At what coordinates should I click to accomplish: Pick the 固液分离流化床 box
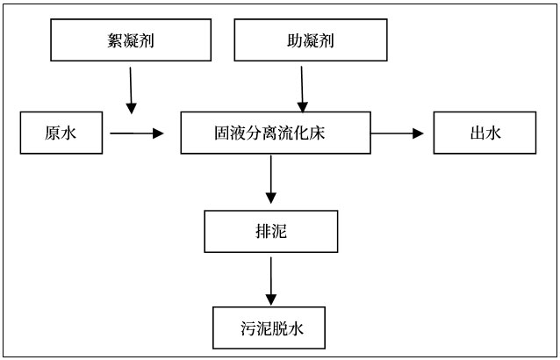pos(275,133)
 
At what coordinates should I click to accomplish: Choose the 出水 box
pos(484,133)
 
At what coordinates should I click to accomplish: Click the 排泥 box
pos(270,232)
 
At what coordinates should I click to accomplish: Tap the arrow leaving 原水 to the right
pos(137,133)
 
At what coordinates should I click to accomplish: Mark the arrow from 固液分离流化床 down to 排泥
pos(271,180)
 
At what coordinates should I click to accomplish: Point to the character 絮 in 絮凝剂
pos(111,41)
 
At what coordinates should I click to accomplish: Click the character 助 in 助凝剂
pos(283,41)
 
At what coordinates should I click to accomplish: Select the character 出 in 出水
pos(476,133)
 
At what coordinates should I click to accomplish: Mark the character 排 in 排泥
pos(262,232)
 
